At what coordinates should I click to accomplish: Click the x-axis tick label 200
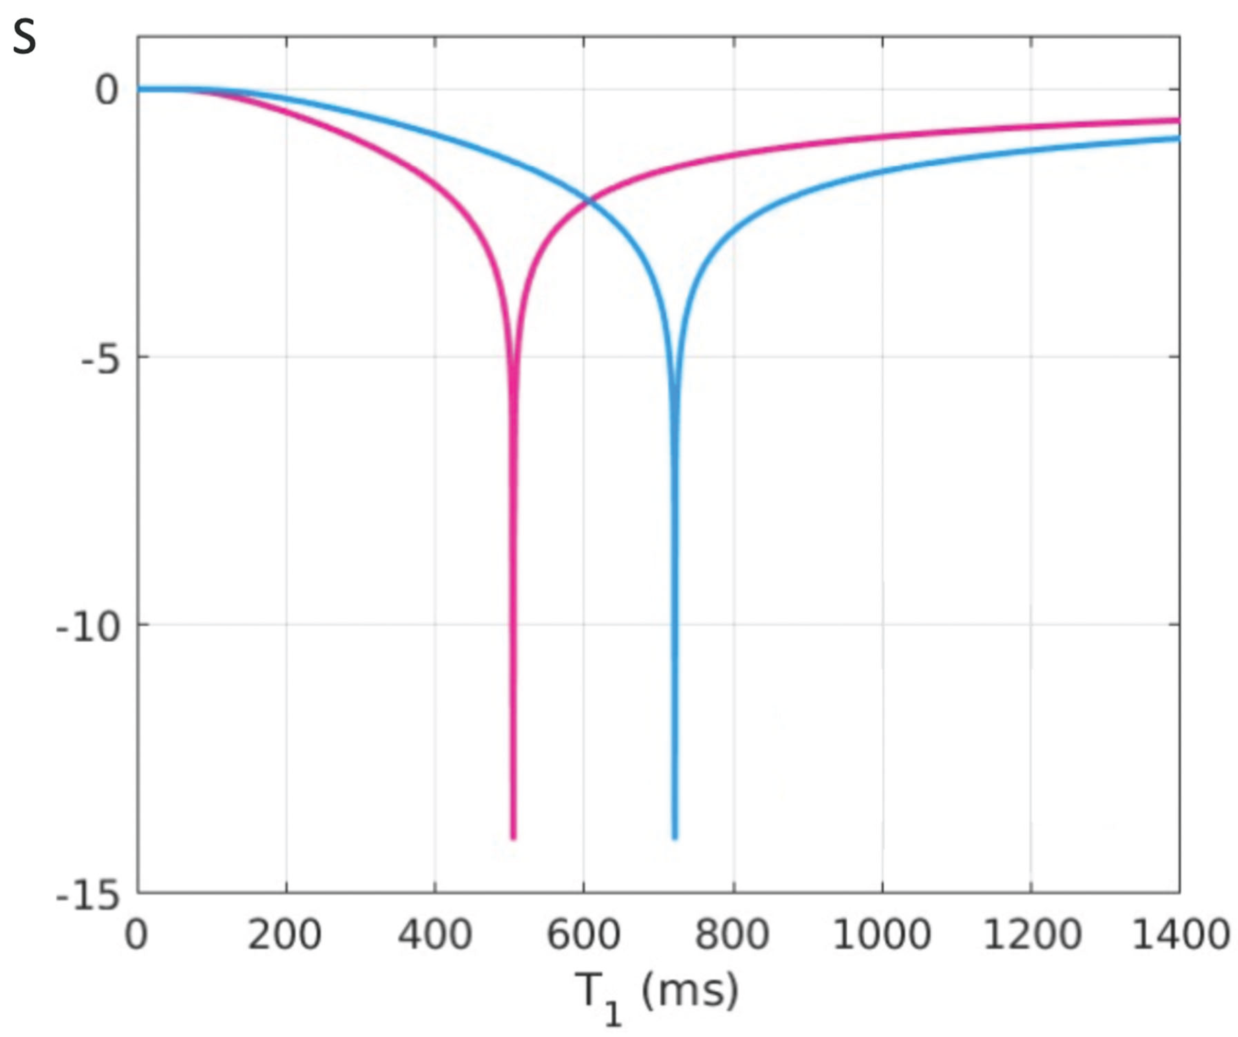tap(285, 934)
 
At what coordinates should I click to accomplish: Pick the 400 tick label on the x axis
tap(435, 934)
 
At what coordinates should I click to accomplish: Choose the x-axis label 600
tap(584, 934)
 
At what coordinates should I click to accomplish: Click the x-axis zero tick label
tap(136, 934)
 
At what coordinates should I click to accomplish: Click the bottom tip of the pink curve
tap(513, 837)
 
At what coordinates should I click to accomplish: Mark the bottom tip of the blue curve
tap(675, 837)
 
